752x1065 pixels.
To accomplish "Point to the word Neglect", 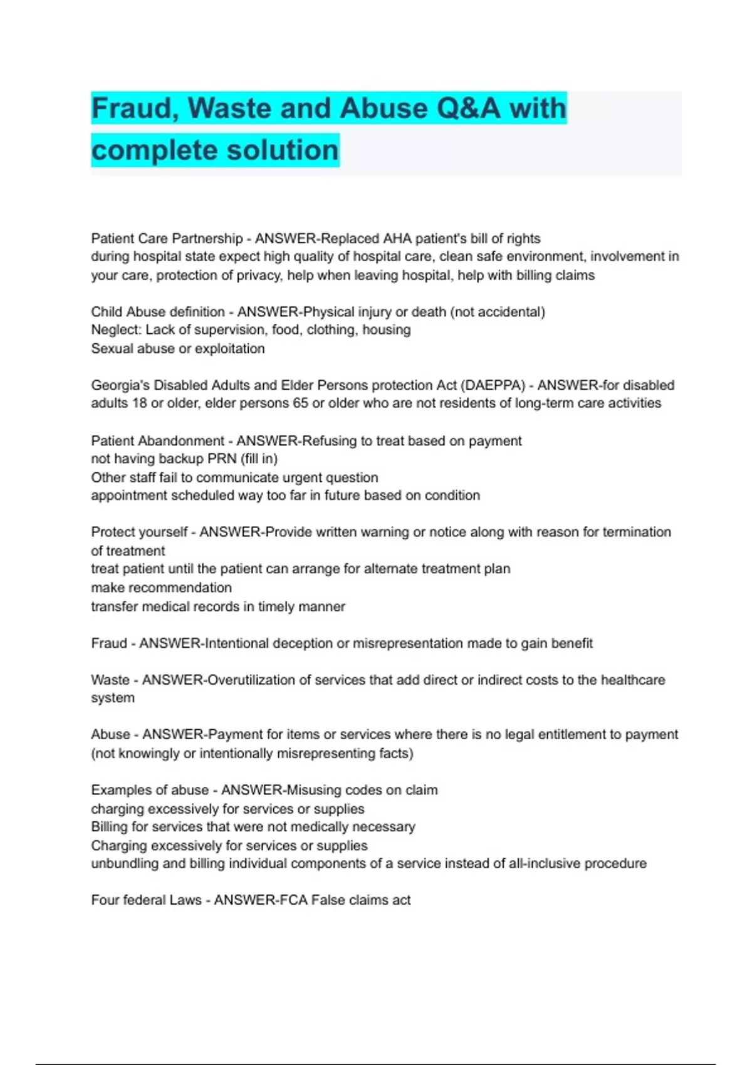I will pyautogui.click(x=116, y=330).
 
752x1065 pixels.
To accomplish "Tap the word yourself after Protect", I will pyautogui.click(x=163, y=532).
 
